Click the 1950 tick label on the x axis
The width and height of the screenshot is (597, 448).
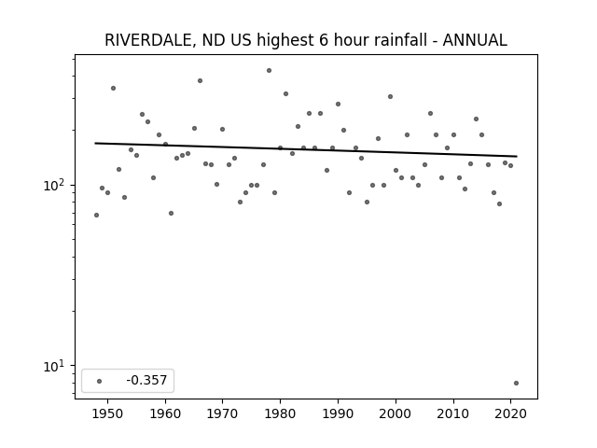click(x=108, y=413)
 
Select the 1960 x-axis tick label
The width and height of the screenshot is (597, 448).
click(x=165, y=413)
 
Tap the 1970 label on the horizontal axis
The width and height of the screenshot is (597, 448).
click(x=222, y=413)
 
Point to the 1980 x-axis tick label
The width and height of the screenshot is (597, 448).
click(x=280, y=413)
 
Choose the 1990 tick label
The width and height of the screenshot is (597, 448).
click(x=338, y=413)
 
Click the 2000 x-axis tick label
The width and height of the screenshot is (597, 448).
click(x=396, y=413)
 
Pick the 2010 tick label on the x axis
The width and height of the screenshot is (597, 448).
click(x=452, y=413)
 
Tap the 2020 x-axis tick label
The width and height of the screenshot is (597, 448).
click(x=510, y=413)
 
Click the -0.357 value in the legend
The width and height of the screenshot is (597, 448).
click(x=146, y=380)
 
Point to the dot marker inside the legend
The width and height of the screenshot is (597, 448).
click(x=100, y=381)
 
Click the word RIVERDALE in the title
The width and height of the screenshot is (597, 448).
click(x=150, y=40)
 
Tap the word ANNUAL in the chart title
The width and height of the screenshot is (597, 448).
click(x=475, y=40)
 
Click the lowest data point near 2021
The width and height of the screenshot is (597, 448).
click(x=516, y=384)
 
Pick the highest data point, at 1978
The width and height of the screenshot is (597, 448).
click(x=270, y=71)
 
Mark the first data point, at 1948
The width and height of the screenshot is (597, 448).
click(x=96, y=216)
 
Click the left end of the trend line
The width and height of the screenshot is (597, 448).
click(x=95, y=143)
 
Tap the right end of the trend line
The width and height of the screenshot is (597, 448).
click(x=517, y=156)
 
